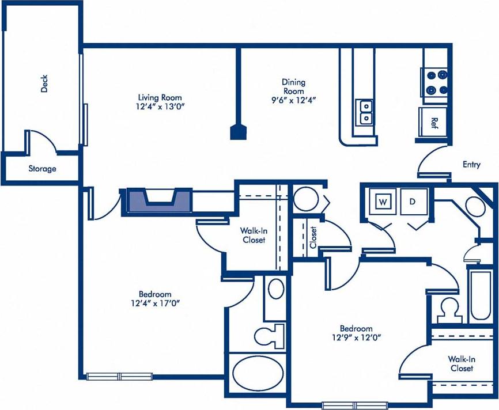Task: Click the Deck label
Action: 44,85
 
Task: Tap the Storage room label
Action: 43,169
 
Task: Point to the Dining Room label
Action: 293,86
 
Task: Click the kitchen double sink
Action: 365,112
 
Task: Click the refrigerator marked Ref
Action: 433,122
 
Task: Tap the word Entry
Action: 471,165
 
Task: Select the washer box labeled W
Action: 383,202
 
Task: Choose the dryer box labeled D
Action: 413,202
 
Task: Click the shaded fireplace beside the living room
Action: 157,201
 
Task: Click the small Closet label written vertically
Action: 313,237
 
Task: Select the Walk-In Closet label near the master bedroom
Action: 254,235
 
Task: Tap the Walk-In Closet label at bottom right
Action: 462,363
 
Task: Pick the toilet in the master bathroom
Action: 271,335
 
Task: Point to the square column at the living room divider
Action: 236,133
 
